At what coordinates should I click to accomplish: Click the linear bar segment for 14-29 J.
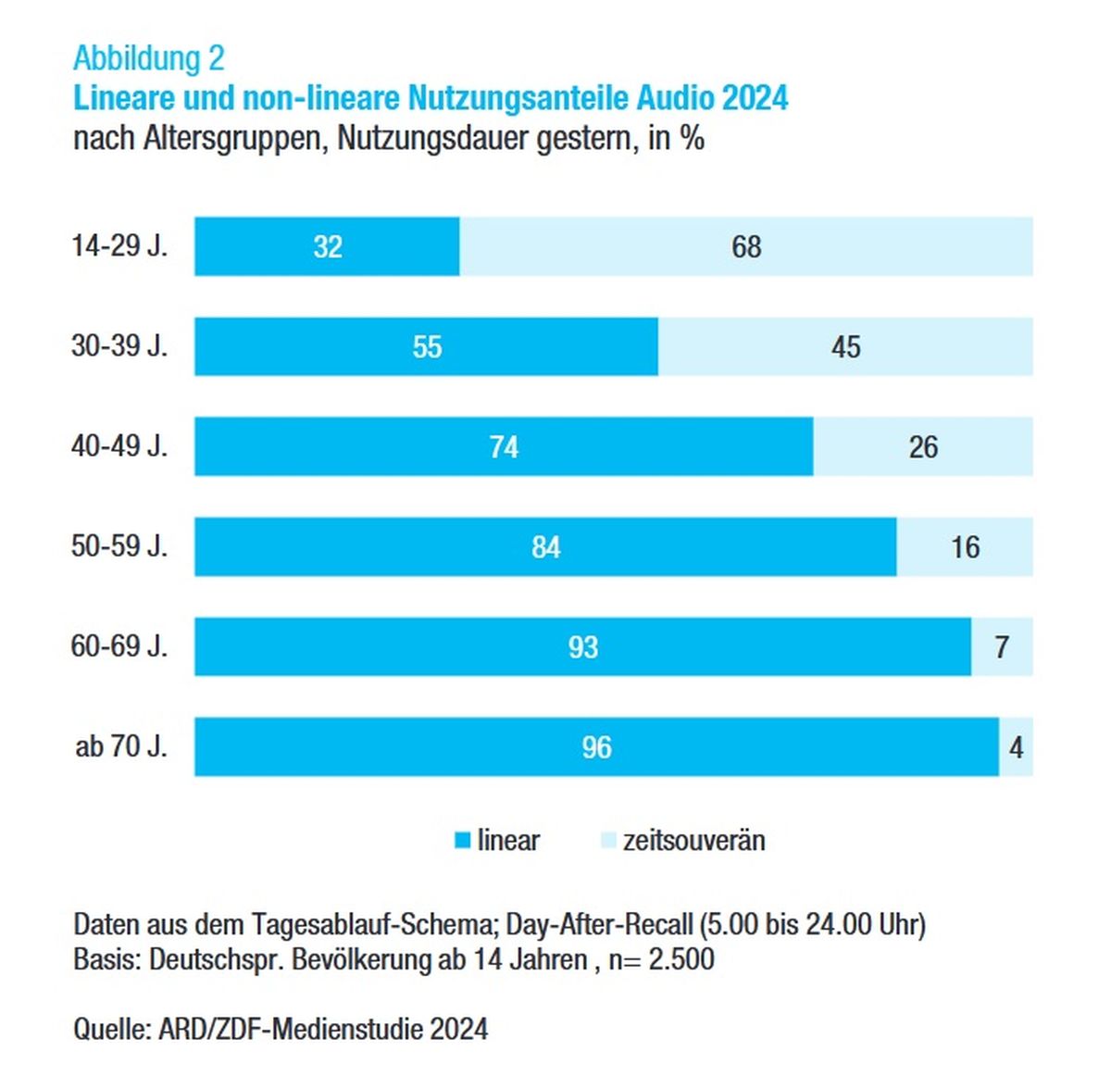coord(327,246)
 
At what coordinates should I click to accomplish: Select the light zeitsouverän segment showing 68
coord(746,246)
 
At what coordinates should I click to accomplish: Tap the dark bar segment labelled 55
coord(426,346)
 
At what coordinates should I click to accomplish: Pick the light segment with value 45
coord(845,346)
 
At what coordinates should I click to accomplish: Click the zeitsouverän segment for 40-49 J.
coord(923,446)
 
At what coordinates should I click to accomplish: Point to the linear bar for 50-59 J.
coord(545,546)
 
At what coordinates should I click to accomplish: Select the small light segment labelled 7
coord(1002,646)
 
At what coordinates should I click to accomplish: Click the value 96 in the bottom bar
coord(596,747)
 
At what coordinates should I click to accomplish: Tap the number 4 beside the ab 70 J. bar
coord(1016,747)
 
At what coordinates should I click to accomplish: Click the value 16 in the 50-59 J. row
coord(966,547)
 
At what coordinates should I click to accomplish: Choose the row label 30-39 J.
coord(119,345)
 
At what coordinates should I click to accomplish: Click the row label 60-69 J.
coord(119,646)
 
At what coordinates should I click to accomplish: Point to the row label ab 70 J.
coord(121,746)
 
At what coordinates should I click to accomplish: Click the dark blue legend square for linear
coord(462,840)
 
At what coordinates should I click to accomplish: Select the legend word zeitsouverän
coord(693,841)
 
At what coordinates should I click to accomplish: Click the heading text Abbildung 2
coord(149,58)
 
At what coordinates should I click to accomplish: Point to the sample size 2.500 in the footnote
coord(681,959)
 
